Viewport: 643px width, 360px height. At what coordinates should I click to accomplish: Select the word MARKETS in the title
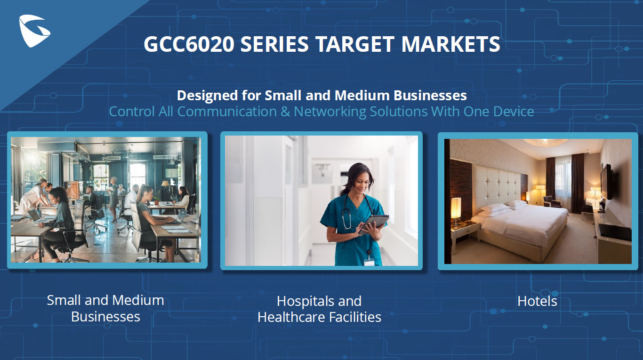coord(450,44)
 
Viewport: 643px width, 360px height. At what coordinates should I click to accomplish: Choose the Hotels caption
coord(537,301)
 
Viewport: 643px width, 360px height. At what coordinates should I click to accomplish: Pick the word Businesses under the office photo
coord(105,317)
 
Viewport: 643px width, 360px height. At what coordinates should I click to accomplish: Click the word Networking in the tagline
coord(330,112)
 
